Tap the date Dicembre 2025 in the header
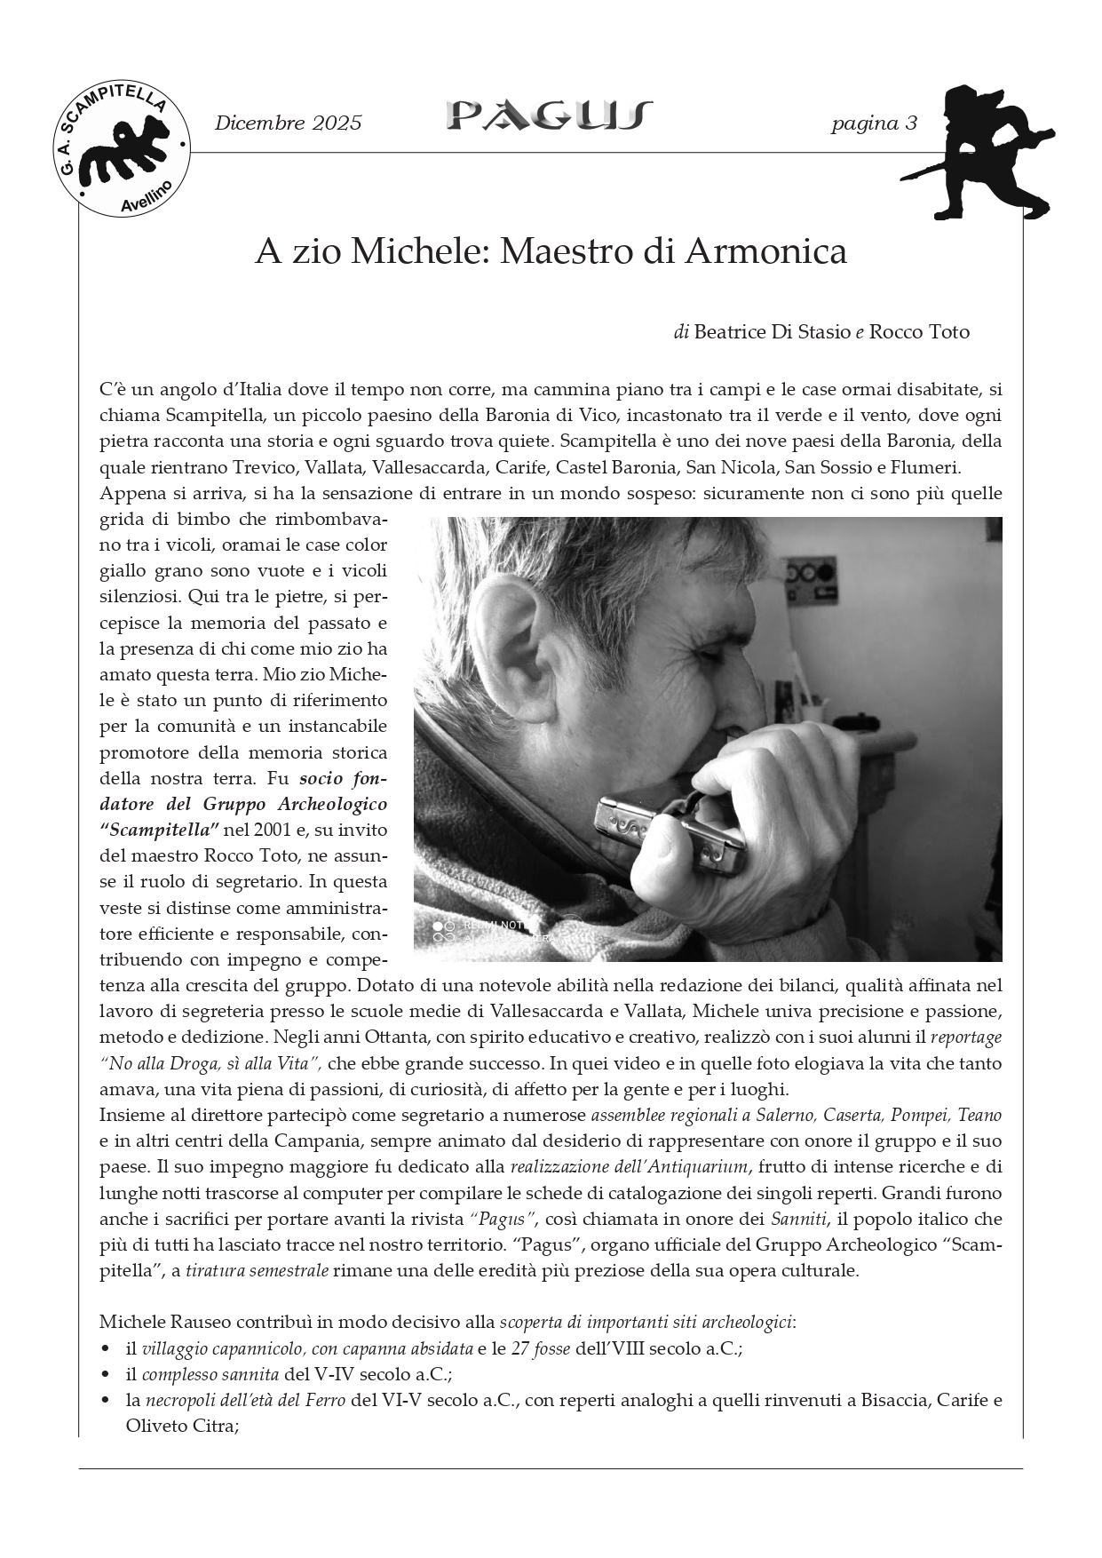289,123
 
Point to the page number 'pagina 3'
874,123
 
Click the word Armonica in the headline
765,252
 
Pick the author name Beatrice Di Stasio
772,332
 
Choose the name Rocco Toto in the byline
919,332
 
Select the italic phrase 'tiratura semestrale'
257,1271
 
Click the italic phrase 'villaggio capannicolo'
222,1348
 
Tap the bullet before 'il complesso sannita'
107,1375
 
